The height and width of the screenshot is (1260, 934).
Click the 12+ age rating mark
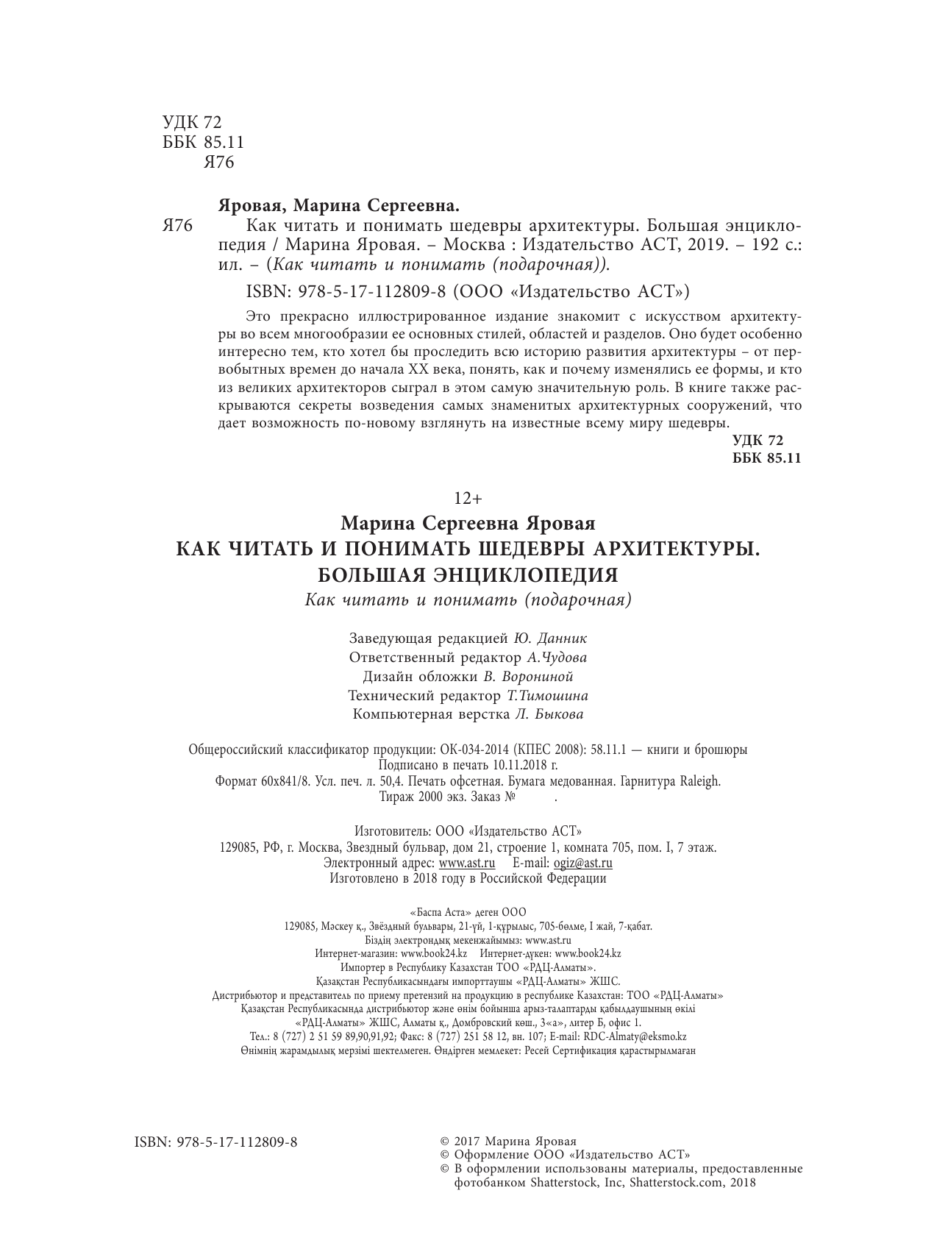[x=467, y=498]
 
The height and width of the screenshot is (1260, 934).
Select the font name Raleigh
[x=698, y=781]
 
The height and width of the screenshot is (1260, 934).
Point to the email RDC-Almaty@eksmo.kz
[x=640, y=1036]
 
